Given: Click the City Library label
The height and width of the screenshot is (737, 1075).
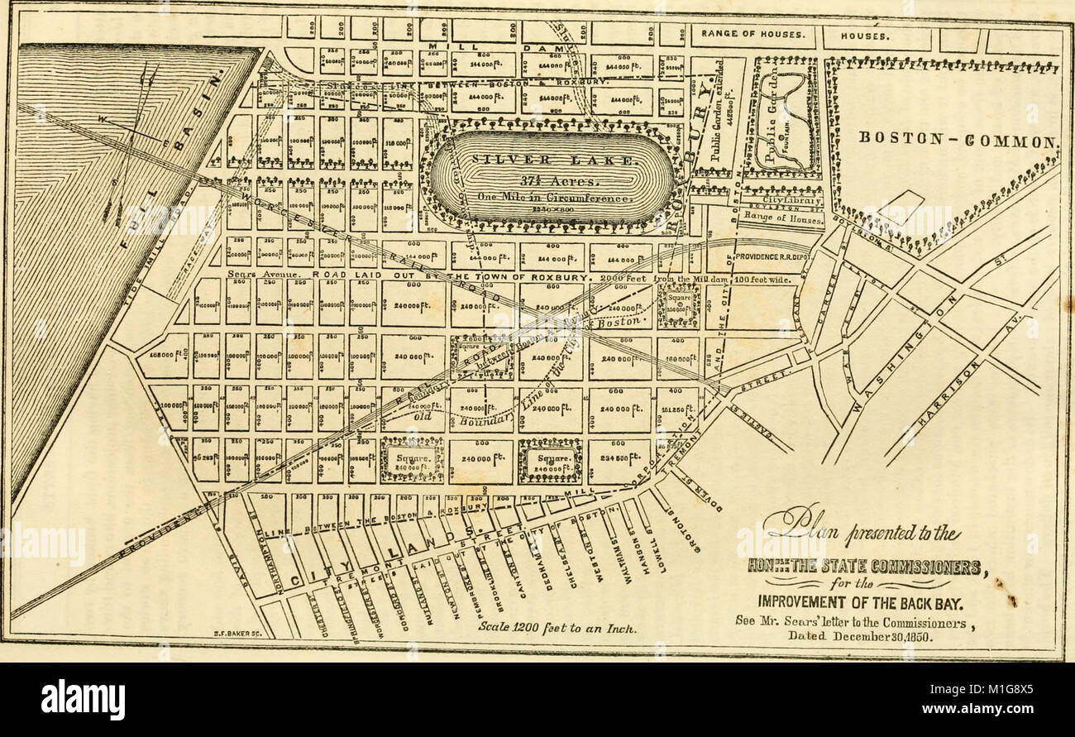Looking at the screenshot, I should click(x=791, y=200).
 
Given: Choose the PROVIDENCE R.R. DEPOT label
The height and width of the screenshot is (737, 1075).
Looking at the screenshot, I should click(x=773, y=256).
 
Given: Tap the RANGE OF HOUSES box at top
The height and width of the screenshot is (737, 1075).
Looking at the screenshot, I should click(x=752, y=35).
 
